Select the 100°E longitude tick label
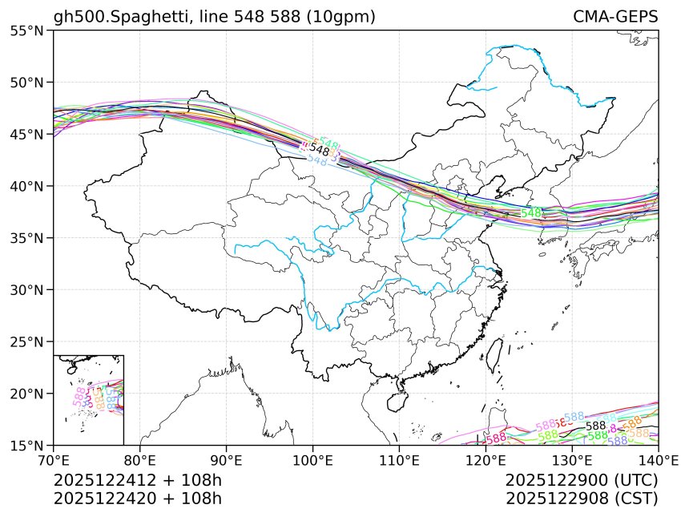point(312,461)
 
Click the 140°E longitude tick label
point(657,461)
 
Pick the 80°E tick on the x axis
point(140,461)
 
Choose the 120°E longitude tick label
point(486,461)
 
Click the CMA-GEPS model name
point(615,17)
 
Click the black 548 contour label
point(320,150)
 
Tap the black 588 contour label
point(595,426)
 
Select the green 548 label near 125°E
point(531,213)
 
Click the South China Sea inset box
point(88,399)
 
